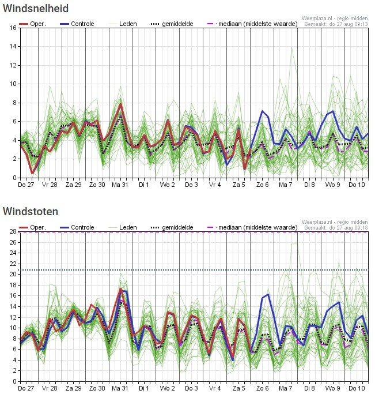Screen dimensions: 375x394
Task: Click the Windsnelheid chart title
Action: [x=36, y=8]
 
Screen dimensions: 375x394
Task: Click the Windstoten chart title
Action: [x=31, y=211]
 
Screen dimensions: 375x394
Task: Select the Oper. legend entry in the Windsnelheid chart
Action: [x=33, y=24]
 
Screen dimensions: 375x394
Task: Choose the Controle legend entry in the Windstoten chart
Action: [x=77, y=227]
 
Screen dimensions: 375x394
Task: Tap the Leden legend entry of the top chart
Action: [x=123, y=24]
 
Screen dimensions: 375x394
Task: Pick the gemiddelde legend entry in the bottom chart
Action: [x=172, y=227]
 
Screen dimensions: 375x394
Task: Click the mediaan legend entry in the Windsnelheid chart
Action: [x=252, y=24]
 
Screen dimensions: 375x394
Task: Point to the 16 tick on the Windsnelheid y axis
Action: [x=13, y=28]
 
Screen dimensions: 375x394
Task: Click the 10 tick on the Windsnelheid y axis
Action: [x=13, y=84]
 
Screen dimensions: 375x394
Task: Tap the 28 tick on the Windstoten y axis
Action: [x=13, y=231]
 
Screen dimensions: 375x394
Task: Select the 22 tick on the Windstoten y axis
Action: [x=13, y=264]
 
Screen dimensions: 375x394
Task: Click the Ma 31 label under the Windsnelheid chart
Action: [x=120, y=185]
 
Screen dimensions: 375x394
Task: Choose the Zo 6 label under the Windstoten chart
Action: [x=262, y=388]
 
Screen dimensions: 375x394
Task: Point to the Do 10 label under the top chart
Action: [x=357, y=185]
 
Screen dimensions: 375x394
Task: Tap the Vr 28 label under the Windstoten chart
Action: [x=50, y=388]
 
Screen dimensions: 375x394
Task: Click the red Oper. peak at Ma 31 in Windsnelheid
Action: [x=120, y=104]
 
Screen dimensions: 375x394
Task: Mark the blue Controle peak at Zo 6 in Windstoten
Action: [x=268, y=294]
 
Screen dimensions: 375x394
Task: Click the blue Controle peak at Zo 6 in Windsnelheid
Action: [x=262, y=111]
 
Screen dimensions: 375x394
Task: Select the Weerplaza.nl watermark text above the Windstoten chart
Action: [x=335, y=222]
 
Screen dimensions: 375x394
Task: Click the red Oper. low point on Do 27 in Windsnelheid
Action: [x=32, y=174]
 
